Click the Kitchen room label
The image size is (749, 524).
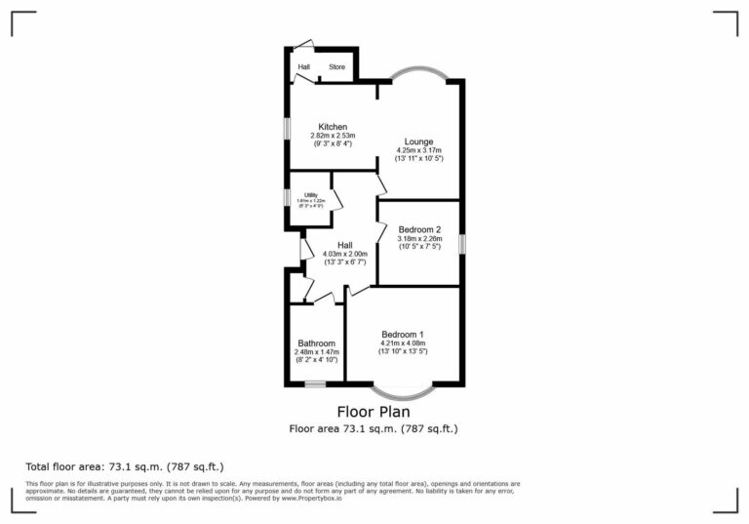tap(333, 126)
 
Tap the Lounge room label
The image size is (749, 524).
tap(419, 141)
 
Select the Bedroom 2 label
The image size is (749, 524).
tap(419, 229)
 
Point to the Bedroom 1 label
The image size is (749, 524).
tap(402, 335)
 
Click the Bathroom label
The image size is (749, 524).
tap(317, 343)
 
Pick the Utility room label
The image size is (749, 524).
tap(311, 195)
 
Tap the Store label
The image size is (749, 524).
tap(336, 67)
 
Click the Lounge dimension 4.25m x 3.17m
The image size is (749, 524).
tap(419, 150)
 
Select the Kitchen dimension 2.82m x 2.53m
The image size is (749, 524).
tap(333, 135)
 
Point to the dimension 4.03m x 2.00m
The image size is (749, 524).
tap(344, 254)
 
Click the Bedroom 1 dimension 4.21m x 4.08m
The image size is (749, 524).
tap(402, 343)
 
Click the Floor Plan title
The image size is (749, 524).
tap(374, 411)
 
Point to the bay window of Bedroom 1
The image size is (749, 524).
tap(402, 392)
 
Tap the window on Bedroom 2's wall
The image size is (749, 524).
tap(462, 243)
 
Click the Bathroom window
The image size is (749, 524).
tap(315, 383)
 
